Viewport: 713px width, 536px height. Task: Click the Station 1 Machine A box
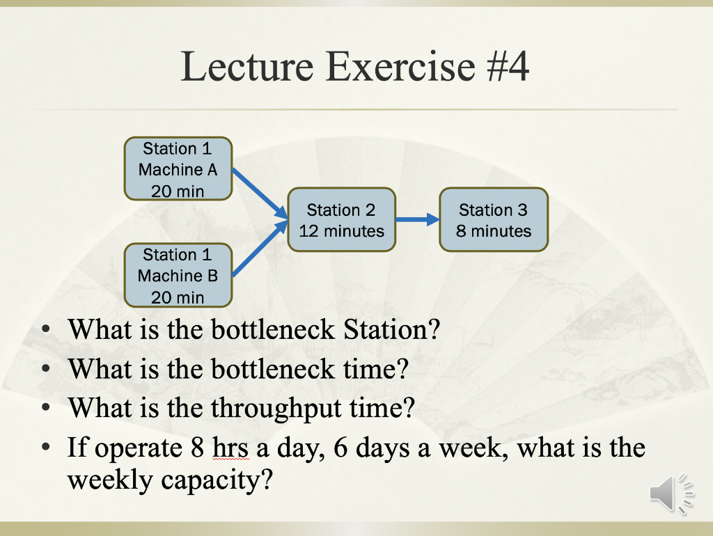tap(178, 169)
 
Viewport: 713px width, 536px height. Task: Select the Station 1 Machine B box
tap(178, 275)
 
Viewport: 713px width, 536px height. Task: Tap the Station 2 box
tap(341, 219)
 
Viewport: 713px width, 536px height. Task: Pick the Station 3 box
tap(494, 219)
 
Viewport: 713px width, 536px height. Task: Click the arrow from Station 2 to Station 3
tap(417, 220)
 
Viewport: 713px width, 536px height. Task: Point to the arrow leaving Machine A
tap(260, 194)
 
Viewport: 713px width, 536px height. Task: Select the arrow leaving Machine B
tap(260, 249)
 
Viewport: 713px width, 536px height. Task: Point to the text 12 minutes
tap(341, 231)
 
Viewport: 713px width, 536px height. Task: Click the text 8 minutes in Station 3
tap(494, 231)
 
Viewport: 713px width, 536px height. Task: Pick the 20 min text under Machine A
tap(178, 191)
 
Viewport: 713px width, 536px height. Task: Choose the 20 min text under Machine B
tap(178, 297)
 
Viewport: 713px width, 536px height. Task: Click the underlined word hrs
tap(230, 448)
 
